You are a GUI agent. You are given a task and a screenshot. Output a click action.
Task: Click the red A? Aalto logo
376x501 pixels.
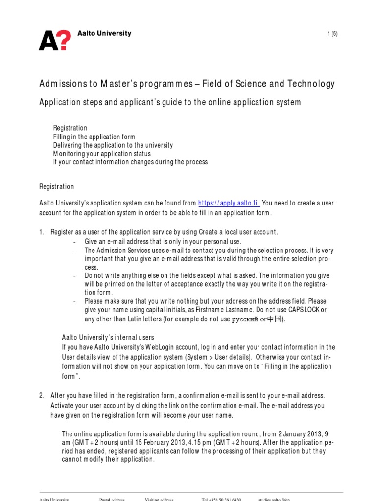(55, 40)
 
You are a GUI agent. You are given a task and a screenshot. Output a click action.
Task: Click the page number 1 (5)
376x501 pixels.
(332, 34)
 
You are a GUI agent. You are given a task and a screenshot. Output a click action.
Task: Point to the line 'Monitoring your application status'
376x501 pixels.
(102, 154)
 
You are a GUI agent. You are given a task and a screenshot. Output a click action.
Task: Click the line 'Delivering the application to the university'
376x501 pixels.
(113, 145)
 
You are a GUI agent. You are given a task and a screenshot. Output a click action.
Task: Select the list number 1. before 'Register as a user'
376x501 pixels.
(42, 232)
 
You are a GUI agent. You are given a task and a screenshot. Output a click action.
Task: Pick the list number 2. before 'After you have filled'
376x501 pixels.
(42, 395)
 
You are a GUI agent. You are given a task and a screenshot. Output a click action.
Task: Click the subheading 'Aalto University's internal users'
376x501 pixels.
(108, 337)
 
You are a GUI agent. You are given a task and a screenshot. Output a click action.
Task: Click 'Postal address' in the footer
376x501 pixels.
(112, 499)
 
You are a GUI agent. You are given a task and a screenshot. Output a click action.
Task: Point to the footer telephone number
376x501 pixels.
(221, 499)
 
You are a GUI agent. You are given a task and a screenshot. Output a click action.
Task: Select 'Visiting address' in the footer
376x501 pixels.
(159, 499)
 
